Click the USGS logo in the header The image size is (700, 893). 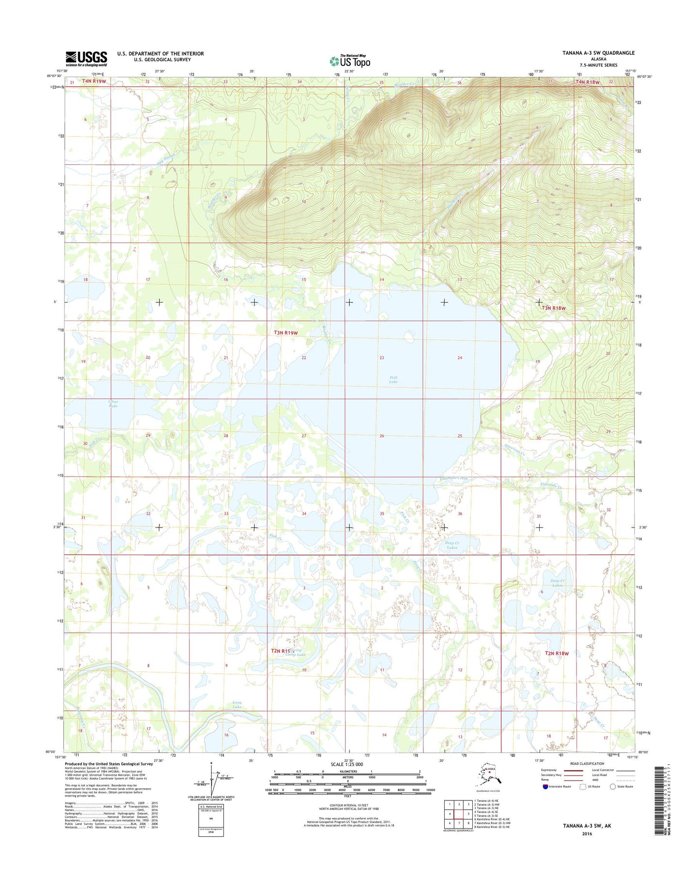(86, 59)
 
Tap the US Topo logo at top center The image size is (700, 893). (350, 61)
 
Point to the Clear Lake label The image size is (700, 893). (113, 403)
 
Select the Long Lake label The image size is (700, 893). (237, 704)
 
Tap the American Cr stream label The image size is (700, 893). (514, 449)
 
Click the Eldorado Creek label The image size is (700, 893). (454, 479)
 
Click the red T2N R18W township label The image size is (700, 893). (557, 653)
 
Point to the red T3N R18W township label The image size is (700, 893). (554, 308)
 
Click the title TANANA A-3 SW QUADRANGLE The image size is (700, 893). (598, 53)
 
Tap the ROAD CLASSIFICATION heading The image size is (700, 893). (587, 764)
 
